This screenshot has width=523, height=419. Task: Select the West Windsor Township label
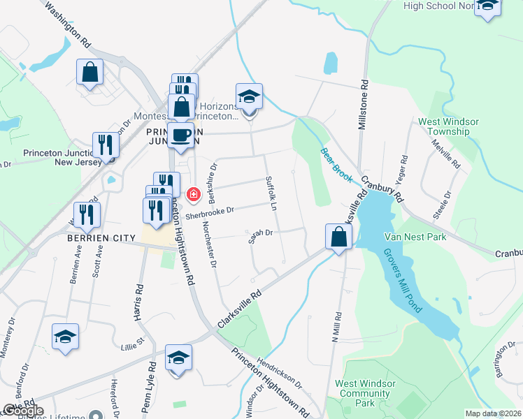coord(448,126)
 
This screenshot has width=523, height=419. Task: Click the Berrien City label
coord(101,238)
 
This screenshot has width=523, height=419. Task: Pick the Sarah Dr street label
coord(259,237)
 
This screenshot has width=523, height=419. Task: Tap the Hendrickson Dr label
coord(278,374)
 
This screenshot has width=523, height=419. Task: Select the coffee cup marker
coord(180,133)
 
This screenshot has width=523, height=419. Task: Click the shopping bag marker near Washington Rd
coord(90,71)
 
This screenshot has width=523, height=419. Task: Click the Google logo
coord(22,411)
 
